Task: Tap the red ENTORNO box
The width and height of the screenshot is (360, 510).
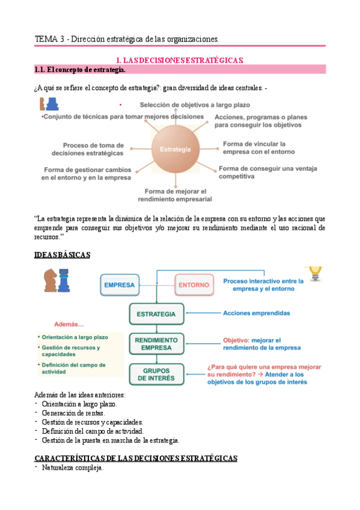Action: coord(194,284)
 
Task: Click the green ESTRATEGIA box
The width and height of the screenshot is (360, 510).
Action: coord(156,314)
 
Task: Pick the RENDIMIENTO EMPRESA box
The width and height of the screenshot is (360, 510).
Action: coord(156,343)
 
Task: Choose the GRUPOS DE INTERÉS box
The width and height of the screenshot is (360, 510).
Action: coord(156,373)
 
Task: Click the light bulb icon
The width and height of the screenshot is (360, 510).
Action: coord(314,275)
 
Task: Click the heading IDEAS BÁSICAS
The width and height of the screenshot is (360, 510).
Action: coord(63,255)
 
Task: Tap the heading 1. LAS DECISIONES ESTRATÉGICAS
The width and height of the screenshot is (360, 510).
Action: coord(180,60)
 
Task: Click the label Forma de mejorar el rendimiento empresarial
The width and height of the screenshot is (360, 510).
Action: coord(174,195)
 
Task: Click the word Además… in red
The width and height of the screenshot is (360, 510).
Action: coord(69,324)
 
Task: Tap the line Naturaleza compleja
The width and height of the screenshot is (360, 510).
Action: coord(72,468)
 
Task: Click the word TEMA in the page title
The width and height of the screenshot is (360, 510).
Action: coord(46,39)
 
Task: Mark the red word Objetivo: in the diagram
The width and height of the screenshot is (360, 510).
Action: coord(236,340)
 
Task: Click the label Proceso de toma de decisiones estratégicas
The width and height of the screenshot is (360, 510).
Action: coord(93,149)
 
